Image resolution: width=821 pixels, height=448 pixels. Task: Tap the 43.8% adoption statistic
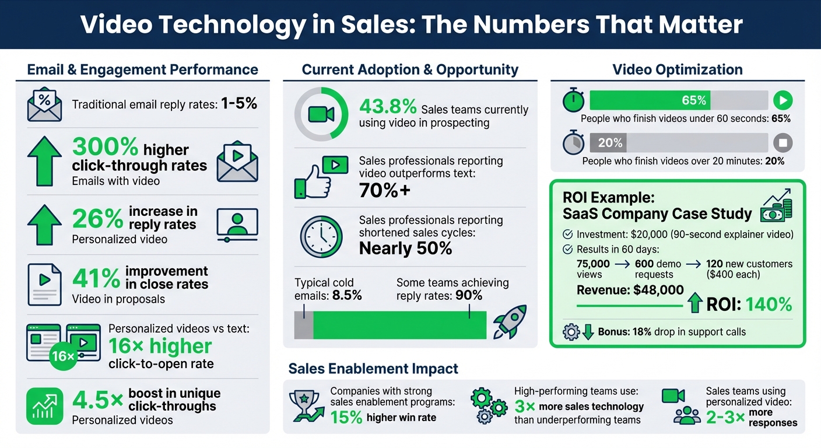pyautogui.click(x=388, y=107)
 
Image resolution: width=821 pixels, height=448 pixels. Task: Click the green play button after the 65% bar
pyautogui.click(x=783, y=100)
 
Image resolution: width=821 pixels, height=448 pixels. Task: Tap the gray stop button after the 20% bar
pyautogui.click(x=783, y=143)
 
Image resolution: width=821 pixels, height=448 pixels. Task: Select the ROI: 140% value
pyautogui.click(x=749, y=304)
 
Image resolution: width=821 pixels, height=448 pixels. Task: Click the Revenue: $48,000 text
pyautogui.click(x=630, y=290)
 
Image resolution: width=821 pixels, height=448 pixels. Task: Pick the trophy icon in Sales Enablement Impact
pyautogui.click(x=306, y=404)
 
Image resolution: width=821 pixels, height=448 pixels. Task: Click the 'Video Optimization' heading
pyautogui.click(x=677, y=70)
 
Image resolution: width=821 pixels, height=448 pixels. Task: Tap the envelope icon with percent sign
pyautogui.click(x=44, y=104)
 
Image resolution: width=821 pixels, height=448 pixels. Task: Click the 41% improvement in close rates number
pyautogui.click(x=96, y=278)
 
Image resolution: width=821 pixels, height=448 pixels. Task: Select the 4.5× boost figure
pyautogui.click(x=97, y=400)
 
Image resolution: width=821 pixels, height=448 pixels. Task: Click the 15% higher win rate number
pyautogui.click(x=346, y=418)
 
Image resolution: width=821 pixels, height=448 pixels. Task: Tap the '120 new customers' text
pyautogui.click(x=749, y=264)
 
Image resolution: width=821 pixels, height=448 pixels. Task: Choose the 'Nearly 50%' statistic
pyautogui.click(x=405, y=249)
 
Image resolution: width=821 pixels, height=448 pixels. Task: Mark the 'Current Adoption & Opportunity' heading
pyautogui.click(x=410, y=70)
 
